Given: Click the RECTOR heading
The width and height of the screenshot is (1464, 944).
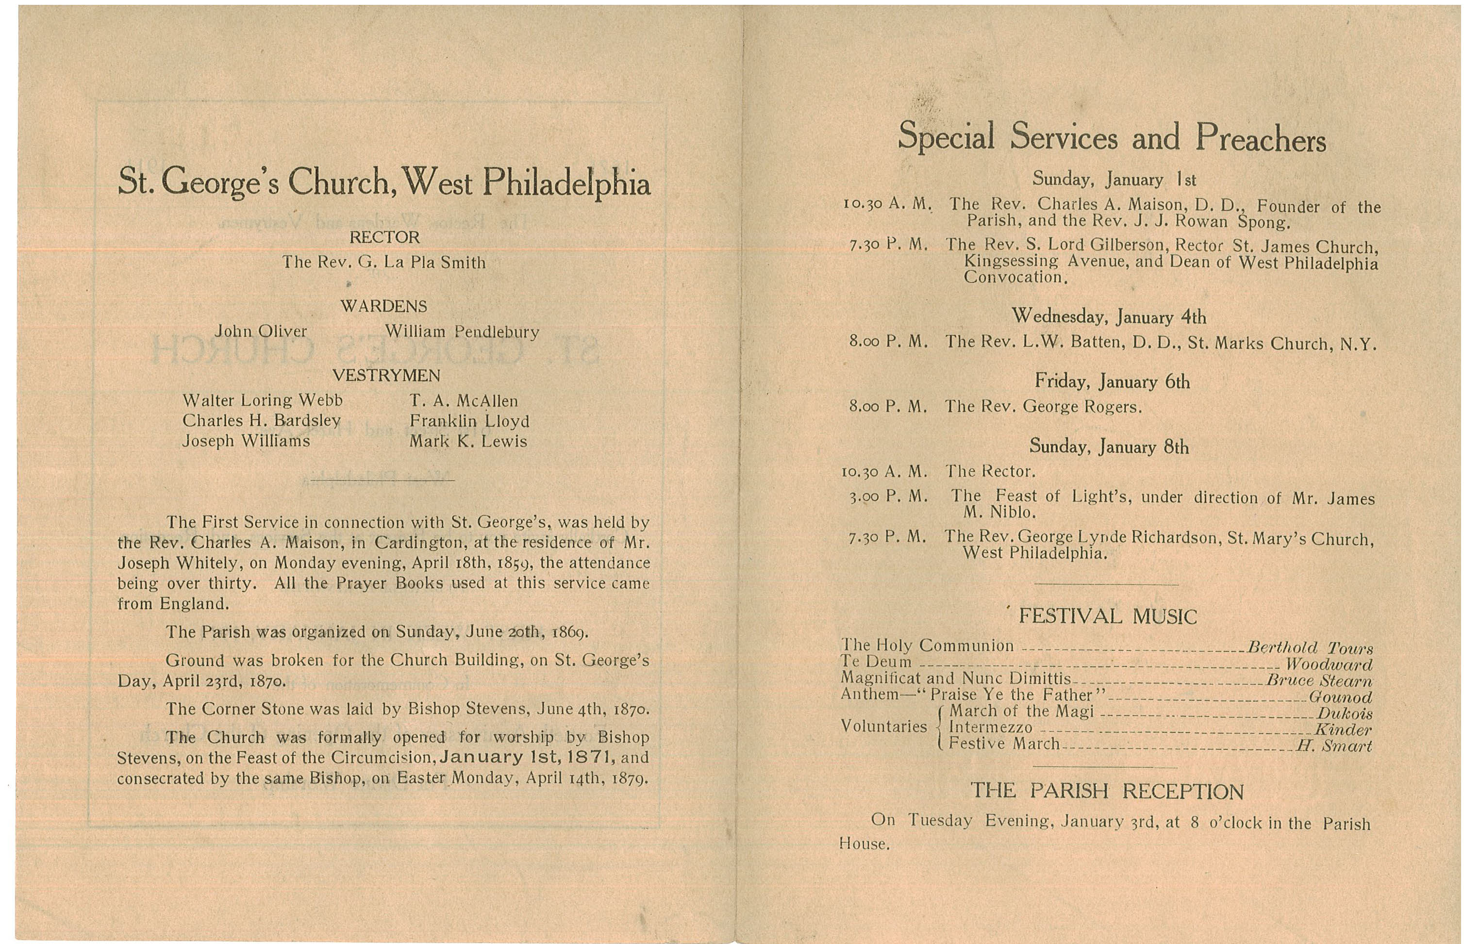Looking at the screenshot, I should click(x=384, y=237).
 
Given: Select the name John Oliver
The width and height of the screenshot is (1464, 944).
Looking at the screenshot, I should click(x=261, y=331).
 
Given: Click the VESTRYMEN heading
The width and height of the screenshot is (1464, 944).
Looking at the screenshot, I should click(x=386, y=375).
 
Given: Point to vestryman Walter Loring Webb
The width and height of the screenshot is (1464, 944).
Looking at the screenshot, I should click(x=263, y=400).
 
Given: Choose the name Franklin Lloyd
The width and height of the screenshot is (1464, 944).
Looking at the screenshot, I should click(x=469, y=421).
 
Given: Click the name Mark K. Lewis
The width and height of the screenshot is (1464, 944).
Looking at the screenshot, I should click(x=468, y=441).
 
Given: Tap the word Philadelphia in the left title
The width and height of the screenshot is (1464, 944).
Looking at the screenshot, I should click(x=566, y=183).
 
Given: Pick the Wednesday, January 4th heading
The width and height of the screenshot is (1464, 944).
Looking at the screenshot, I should click(x=1108, y=316).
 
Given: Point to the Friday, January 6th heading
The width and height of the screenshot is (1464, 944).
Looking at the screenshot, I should click(x=1112, y=381).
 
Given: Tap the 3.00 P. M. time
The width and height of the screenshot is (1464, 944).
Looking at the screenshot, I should click(x=888, y=497).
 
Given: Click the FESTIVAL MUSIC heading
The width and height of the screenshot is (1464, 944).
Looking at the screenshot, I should click(x=1107, y=616).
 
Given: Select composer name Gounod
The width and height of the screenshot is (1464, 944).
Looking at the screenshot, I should click(x=1340, y=697).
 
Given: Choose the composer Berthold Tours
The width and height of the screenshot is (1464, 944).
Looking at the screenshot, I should click(x=1310, y=648).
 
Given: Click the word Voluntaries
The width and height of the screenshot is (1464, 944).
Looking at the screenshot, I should click(x=883, y=727).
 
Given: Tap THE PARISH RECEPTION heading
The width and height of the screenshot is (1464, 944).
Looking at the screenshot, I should click(x=1107, y=792).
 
